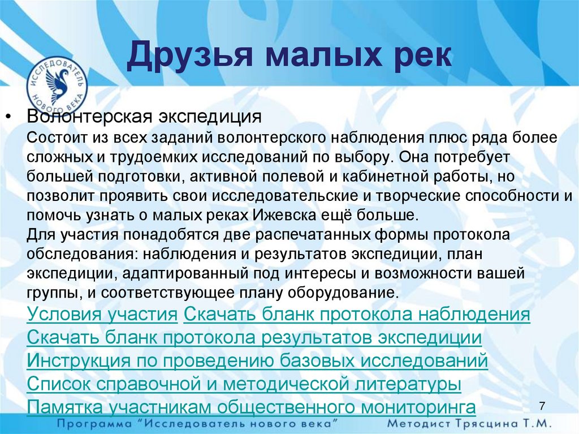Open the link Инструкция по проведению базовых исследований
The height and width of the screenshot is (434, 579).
click(257, 360)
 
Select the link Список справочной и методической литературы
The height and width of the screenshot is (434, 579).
click(244, 384)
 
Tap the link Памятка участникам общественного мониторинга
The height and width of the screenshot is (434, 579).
click(251, 407)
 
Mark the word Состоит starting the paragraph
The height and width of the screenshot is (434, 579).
click(54, 137)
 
